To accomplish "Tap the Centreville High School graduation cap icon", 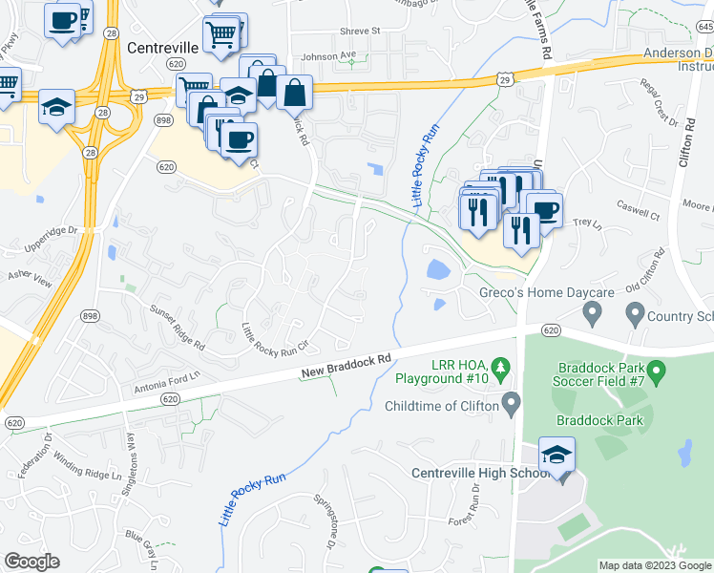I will point(556,455).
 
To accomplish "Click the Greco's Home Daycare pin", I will point(592,311).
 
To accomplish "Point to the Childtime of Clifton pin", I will point(511,405).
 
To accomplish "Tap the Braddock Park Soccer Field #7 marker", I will point(656,370).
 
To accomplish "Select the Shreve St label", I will point(360,31).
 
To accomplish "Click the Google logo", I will point(31,562).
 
